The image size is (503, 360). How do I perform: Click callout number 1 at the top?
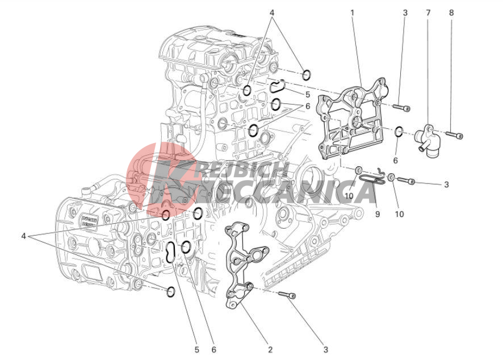352,13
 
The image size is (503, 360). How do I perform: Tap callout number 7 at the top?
428,13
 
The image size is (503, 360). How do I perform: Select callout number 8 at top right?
451,13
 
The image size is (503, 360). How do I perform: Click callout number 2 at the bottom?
270,349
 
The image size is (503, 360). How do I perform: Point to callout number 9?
378,214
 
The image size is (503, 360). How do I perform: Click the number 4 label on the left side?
23,236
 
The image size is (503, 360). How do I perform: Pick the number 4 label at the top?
272,13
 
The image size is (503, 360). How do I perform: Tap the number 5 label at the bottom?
196,349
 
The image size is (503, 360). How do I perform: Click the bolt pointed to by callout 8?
455,135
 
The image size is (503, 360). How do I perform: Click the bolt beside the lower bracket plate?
287,295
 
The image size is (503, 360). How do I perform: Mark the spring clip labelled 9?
372,178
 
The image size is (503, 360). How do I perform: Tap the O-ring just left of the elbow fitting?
399,132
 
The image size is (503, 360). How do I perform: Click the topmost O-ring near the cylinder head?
307,75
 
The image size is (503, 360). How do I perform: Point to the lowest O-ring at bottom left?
171,292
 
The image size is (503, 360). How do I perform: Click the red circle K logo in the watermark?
161,178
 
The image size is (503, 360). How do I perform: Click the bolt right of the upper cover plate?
402,108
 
